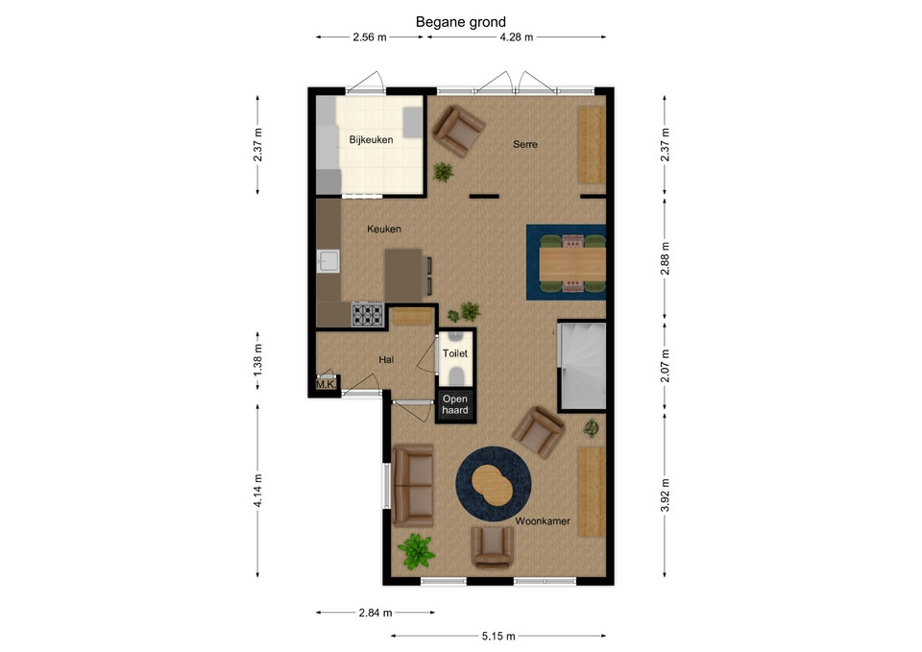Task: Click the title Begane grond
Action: pos(460,22)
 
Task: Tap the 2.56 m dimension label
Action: pos(369,37)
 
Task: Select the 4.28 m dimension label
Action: pos(517,37)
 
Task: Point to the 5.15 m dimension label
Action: pos(498,636)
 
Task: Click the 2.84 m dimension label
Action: pos(376,613)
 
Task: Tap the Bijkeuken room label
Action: pos(371,140)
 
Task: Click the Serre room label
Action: pos(525,144)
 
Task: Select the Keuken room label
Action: pos(384,229)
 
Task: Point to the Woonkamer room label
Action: pos(543,520)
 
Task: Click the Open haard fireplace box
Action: pos(455,404)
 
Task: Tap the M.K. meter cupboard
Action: pos(326,384)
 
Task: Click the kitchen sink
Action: pos(328,261)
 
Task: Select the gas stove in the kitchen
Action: pos(368,315)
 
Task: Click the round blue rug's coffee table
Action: pos(492,485)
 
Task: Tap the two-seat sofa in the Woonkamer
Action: pos(413,485)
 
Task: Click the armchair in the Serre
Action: pos(459,131)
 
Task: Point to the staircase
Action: pos(583,366)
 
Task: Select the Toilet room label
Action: pos(455,353)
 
